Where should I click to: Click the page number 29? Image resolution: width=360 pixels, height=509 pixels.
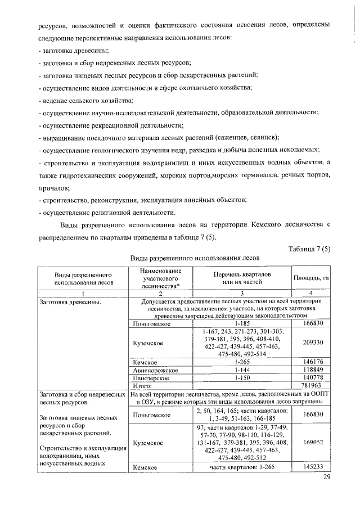tap(327, 478)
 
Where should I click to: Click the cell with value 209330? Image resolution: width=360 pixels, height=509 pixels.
tap(311, 342)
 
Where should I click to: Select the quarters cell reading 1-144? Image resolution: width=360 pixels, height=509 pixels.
tap(242, 371)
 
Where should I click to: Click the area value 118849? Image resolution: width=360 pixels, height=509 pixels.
tap(311, 371)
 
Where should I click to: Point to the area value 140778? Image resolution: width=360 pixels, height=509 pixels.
tap(311, 378)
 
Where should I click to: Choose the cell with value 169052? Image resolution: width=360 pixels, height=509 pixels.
tap(311, 443)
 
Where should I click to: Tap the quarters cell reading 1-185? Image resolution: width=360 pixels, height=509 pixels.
tap(242, 323)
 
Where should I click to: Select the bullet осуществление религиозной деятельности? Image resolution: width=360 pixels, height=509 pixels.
tap(107, 212)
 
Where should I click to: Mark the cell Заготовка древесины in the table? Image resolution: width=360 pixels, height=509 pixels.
tap(70, 302)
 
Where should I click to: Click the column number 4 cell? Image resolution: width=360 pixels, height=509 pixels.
tap(311, 293)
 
